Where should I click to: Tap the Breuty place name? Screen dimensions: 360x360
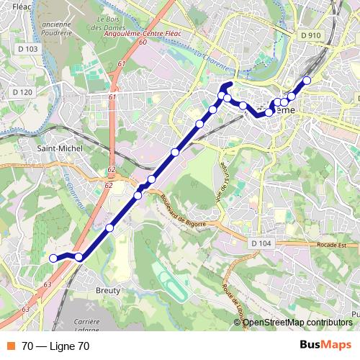(x=107, y=289)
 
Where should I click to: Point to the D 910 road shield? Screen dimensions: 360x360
(x=311, y=35)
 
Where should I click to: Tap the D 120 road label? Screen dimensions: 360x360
(x=22, y=92)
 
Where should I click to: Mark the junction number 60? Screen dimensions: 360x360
(x=143, y=42)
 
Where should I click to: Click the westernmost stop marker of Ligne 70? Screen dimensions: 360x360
(x=53, y=258)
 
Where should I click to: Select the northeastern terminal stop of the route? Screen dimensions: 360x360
(x=307, y=80)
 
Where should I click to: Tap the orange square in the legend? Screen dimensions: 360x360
(x=10, y=346)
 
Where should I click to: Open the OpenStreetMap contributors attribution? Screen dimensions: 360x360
(x=297, y=323)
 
